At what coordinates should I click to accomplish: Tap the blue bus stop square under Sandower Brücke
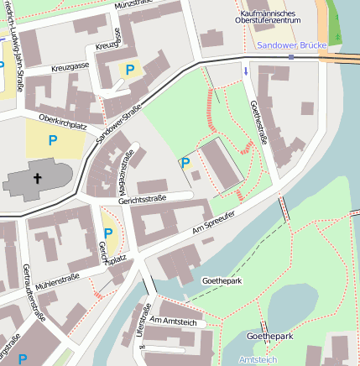coord(290,57)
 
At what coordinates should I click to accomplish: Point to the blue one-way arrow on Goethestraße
coord(246,72)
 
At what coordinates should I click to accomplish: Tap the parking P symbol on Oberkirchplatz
coord(53,141)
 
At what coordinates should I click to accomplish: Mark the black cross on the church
coord(37,178)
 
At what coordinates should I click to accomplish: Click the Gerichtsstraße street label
coord(142,198)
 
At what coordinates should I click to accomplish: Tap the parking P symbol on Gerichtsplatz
coord(107,233)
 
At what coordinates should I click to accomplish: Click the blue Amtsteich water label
coord(258,358)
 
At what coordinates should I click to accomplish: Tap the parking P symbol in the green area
coord(185,162)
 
